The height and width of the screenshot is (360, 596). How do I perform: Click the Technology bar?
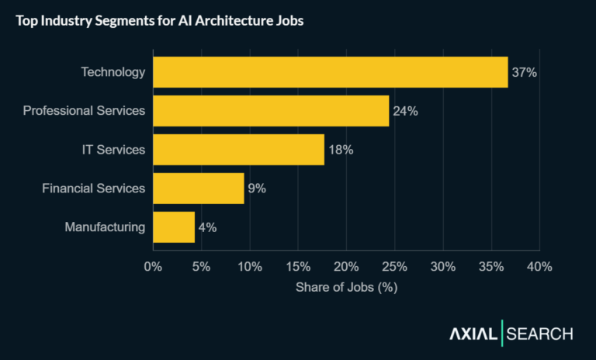pos(330,72)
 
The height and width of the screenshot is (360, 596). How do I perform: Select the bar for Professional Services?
pos(271,111)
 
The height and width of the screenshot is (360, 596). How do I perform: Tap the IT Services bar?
pos(238,150)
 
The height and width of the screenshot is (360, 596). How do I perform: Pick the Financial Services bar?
pos(199,189)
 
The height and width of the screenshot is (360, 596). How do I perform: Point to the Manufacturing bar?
pos(174,227)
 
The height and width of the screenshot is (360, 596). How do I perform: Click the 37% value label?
pos(525,72)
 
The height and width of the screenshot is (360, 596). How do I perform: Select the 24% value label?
pos(405,111)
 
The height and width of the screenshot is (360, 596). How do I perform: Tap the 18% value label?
pos(341,150)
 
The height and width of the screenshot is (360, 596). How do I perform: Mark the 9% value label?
pos(257,189)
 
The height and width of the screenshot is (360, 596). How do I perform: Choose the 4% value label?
pos(207,227)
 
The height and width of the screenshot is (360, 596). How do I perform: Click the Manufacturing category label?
pos(105,227)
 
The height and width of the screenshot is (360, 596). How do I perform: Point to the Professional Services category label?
pos(84,111)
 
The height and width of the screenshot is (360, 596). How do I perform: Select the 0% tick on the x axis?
pos(153,267)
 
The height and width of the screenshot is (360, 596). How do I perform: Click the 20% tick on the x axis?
pos(346,267)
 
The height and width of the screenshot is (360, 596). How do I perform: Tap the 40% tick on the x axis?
pos(539,267)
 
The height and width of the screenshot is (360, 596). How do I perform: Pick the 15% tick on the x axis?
pos(298,267)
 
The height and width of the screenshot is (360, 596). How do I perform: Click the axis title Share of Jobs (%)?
pos(346,287)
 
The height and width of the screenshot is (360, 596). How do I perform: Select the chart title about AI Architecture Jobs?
pos(159,21)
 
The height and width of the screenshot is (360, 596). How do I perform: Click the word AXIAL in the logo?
pos(474,334)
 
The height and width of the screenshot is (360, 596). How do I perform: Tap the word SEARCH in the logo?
pos(540,334)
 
